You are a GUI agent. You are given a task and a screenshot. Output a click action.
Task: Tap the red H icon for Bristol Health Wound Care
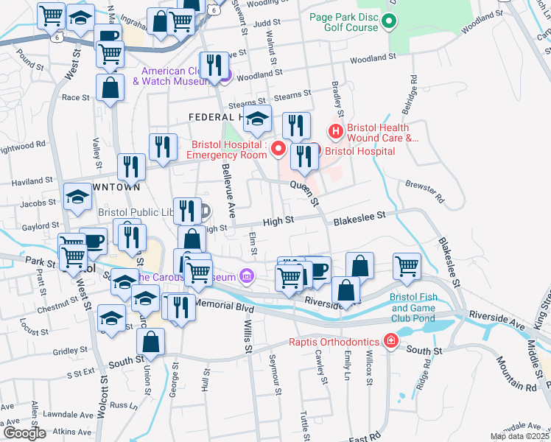(336, 132)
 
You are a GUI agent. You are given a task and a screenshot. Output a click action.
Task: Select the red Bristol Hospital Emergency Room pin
(278, 150)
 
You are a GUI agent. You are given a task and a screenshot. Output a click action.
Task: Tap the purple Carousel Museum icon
(247, 277)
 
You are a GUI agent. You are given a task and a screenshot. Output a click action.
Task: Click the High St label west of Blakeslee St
(278, 220)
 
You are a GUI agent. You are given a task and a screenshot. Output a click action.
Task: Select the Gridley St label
(70, 351)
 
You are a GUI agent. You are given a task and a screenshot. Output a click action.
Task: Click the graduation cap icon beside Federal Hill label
(257, 117)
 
